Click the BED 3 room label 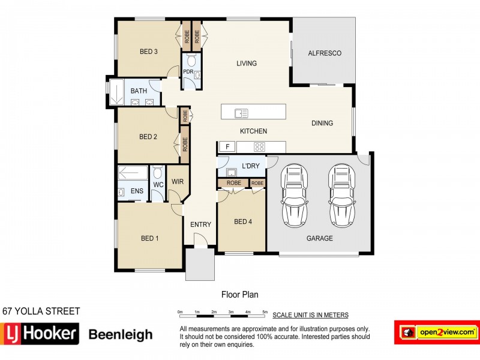pyautogui.click(x=148, y=52)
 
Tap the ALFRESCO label pyautogui.click(x=325, y=53)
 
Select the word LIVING pyautogui.click(x=247, y=64)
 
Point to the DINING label pyautogui.click(x=322, y=124)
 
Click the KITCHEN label pyautogui.click(x=253, y=131)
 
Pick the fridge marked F pyautogui.click(x=227, y=147)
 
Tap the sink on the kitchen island pyautogui.click(x=242, y=112)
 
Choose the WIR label pyautogui.click(x=177, y=181)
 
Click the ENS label pyautogui.click(x=137, y=193)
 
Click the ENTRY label pyautogui.click(x=200, y=225)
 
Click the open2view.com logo pyautogui.click(x=436, y=332)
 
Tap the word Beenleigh pyautogui.click(x=121, y=335)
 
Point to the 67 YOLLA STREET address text pyautogui.click(x=41, y=311)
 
